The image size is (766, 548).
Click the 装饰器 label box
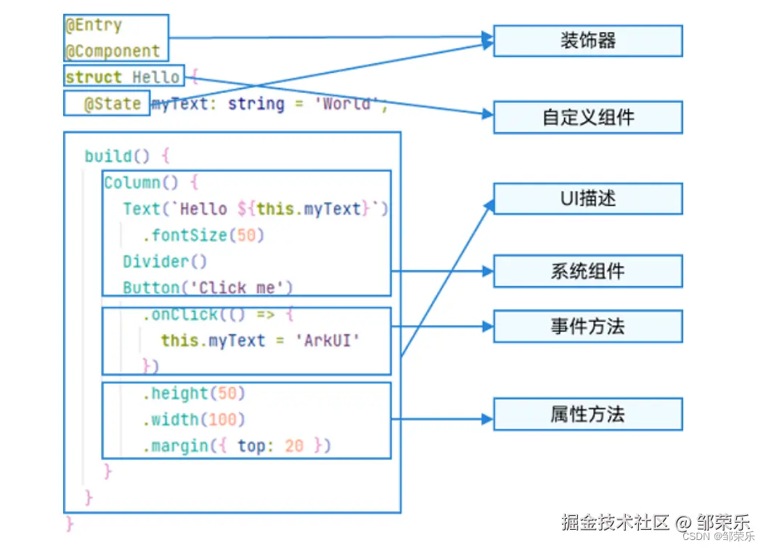coord(587,41)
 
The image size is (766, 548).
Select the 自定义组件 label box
coord(587,117)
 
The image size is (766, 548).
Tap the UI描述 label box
coord(587,198)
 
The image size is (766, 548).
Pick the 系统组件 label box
coord(587,271)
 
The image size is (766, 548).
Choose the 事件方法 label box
coord(587,326)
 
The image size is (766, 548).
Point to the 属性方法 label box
coord(587,414)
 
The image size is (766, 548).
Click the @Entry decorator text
coord(94,25)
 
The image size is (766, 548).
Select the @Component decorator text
coord(113,52)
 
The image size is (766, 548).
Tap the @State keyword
coord(113,104)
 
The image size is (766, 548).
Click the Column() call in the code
coord(141,182)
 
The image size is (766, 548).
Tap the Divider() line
coord(165,262)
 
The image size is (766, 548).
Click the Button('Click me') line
coord(208,288)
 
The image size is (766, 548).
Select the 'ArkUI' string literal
coord(327,341)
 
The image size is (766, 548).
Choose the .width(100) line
coord(194,419)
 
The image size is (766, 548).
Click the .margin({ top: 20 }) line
coord(237,446)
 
